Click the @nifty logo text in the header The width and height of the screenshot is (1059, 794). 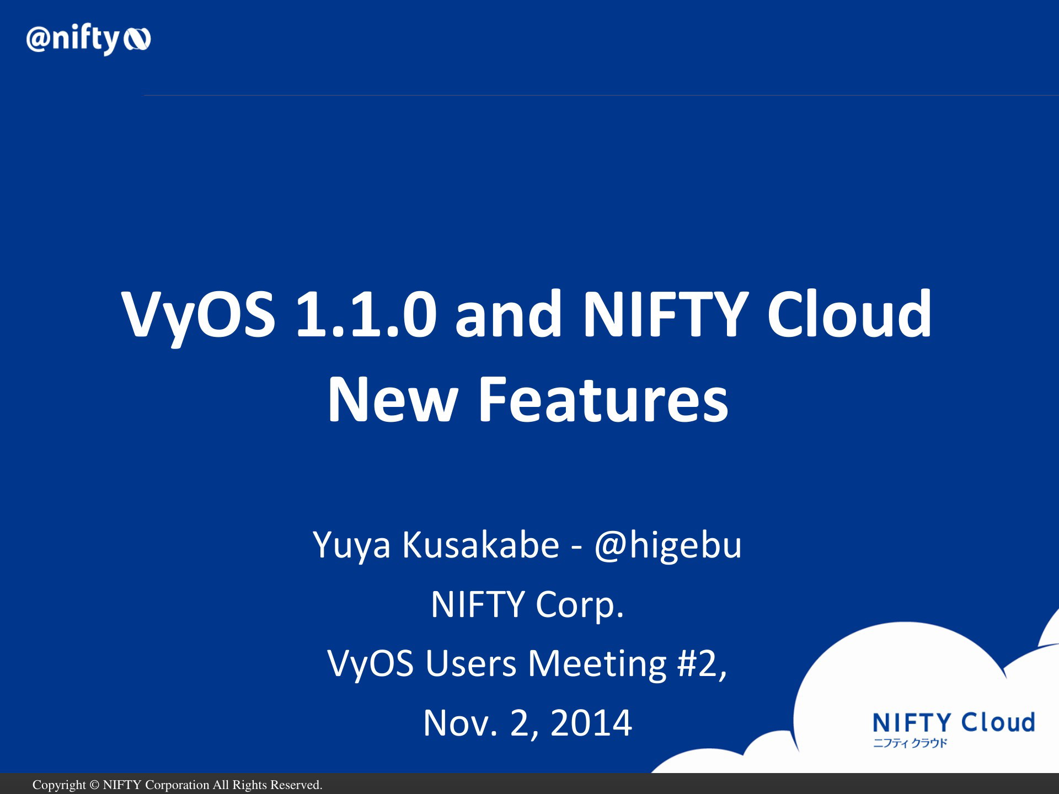[x=73, y=39]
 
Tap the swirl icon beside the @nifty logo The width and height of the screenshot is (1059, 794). [x=137, y=40]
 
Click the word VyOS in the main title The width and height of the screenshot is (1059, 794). [x=198, y=315]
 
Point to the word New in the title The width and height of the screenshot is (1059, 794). [x=393, y=399]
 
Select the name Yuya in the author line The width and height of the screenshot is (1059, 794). [x=352, y=546]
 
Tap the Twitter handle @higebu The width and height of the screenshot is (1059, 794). [x=668, y=545]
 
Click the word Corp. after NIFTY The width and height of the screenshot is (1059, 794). [x=579, y=605]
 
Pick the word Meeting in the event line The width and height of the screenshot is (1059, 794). [x=597, y=664]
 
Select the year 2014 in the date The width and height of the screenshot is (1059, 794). [x=591, y=723]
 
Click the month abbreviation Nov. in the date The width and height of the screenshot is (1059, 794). [x=460, y=723]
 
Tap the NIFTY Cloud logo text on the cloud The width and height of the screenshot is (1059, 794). [x=954, y=722]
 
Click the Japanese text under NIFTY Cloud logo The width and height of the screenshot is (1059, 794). [x=910, y=743]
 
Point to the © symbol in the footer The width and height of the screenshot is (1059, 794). [x=94, y=785]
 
